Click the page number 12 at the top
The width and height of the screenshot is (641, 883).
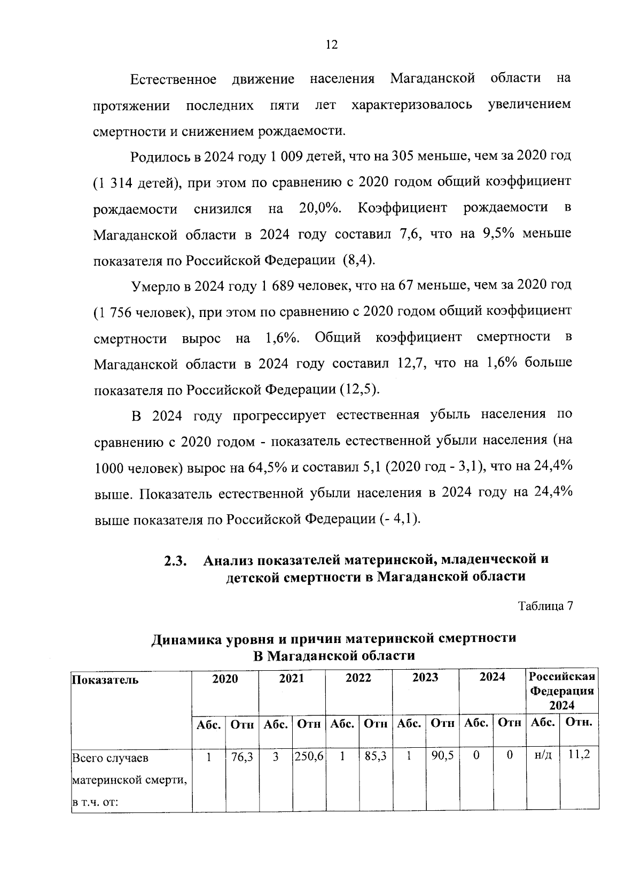pos(331,45)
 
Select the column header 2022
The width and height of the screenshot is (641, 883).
pos(358,678)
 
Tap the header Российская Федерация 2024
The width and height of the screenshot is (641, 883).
pos(562,690)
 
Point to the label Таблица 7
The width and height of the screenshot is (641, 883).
pos(545,606)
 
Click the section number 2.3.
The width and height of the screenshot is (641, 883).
pos(175,561)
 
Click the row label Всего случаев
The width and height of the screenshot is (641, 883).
pos(111,758)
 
